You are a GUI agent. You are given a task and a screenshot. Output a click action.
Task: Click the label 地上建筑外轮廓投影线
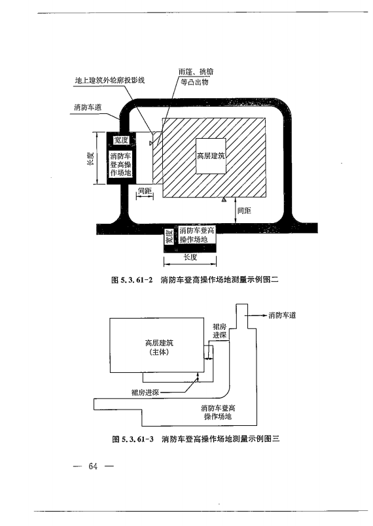coord(109,79)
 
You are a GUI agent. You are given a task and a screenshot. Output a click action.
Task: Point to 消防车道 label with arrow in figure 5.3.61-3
coord(282,315)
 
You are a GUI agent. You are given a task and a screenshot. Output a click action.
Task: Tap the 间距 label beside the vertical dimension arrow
coord(244,211)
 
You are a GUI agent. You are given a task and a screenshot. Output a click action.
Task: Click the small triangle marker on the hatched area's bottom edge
coord(224,198)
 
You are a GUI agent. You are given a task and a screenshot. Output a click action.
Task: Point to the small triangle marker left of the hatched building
coord(152,139)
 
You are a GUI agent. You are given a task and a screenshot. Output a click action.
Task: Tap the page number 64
coord(93,466)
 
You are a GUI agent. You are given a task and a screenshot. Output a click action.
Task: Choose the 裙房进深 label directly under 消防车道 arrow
coord(219,330)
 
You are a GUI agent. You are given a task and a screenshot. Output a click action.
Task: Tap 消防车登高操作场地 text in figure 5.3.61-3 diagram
coord(219,412)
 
